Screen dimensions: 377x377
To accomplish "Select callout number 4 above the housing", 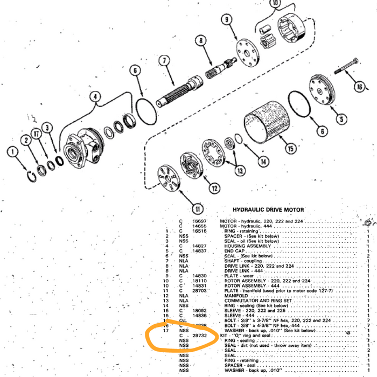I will coord(95,97).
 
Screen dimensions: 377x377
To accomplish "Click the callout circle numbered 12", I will coord(215,188).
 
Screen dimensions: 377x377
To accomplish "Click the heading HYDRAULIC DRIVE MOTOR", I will coord(268,210).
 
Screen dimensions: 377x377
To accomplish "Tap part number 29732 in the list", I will coord(199,335).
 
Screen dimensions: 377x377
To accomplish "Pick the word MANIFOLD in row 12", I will coord(237,296).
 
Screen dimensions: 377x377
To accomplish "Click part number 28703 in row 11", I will coord(199,290).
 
